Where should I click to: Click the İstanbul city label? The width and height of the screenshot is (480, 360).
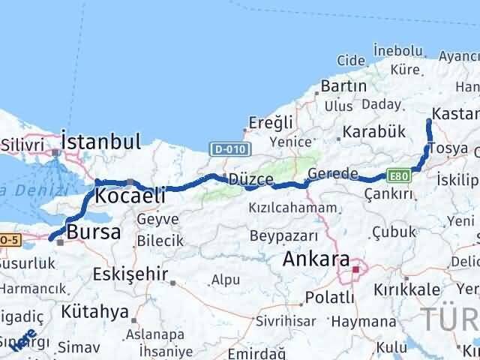(x=101, y=141)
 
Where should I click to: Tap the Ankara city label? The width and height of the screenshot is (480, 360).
(x=316, y=260)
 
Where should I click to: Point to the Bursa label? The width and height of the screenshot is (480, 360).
(x=94, y=232)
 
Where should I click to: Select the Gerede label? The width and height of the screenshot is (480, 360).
(x=333, y=174)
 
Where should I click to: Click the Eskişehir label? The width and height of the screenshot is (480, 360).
(x=136, y=274)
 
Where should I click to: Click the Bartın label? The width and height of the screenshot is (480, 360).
(x=343, y=86)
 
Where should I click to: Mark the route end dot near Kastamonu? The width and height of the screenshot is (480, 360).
(x=428, y=121)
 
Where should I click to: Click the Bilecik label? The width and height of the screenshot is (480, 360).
(x=160, y=240)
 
